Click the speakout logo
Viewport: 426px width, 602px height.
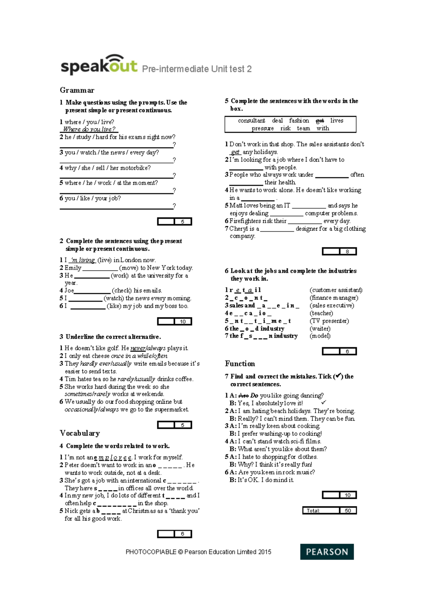pos(99,65)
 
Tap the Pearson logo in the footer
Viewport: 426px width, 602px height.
pos(327,552)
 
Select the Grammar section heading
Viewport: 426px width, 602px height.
pos(77,90)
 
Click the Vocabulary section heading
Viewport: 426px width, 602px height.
pos(80,433)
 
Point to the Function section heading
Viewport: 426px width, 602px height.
pos(240,363)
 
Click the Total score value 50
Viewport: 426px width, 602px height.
pos(348,510)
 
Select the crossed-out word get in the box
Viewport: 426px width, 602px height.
pos(319,121)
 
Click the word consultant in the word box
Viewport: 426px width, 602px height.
pos(251,121)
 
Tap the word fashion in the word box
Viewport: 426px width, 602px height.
pos(299,121)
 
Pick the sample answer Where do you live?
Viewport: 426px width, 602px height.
pos(89,129)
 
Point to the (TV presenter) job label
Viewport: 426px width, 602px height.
pos(329,321)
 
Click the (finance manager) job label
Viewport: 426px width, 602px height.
pos(334,298)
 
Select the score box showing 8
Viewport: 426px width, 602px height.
pos(347,251)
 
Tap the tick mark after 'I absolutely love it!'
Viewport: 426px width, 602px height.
pos(323,403)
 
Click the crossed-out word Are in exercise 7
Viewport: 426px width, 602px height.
pos(243,395)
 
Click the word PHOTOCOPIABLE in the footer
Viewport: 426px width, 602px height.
pos(151,552)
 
